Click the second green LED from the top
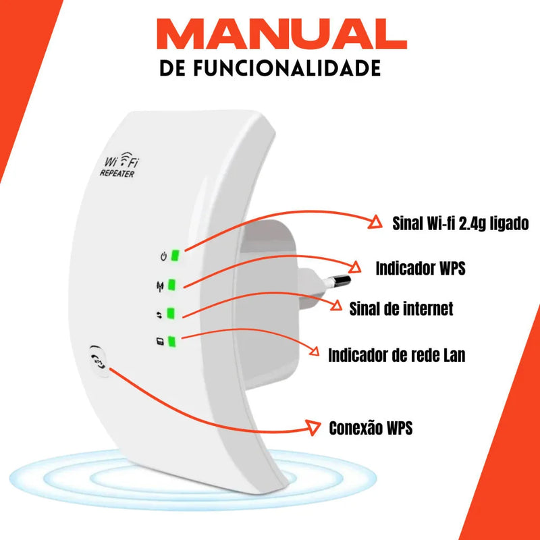pos(173,284)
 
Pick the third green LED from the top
pos(171,313)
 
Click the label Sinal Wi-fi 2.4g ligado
pos(460,223)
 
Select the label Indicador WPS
pos(420,268)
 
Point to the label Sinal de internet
pos(401,309)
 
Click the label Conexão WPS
pos(370,428)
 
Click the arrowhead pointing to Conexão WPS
pos(313,427)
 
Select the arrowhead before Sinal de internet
pos(335,306)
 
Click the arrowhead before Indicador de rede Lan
pos(315,351)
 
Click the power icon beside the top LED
pos(162,256)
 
